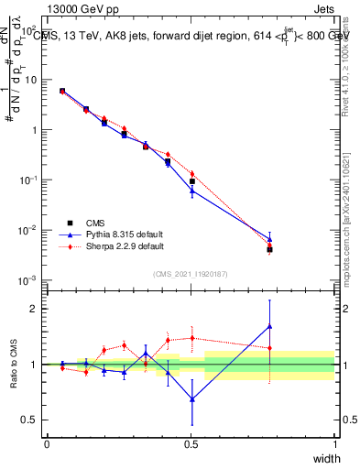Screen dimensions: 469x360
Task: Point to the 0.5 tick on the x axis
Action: click(x=191, y=443)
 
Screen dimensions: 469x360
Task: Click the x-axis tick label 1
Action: click(x=334, y=443)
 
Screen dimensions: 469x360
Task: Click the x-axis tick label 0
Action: click(x=47, y=443)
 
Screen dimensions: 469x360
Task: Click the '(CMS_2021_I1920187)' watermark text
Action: click(x=191, y=273)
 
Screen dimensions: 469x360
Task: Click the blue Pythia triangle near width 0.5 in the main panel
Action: click(x=191, y=190)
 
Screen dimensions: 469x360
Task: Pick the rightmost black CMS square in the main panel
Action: click(x=269, y=249)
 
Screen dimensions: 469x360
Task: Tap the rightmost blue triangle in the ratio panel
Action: click(x=269, y=326)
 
